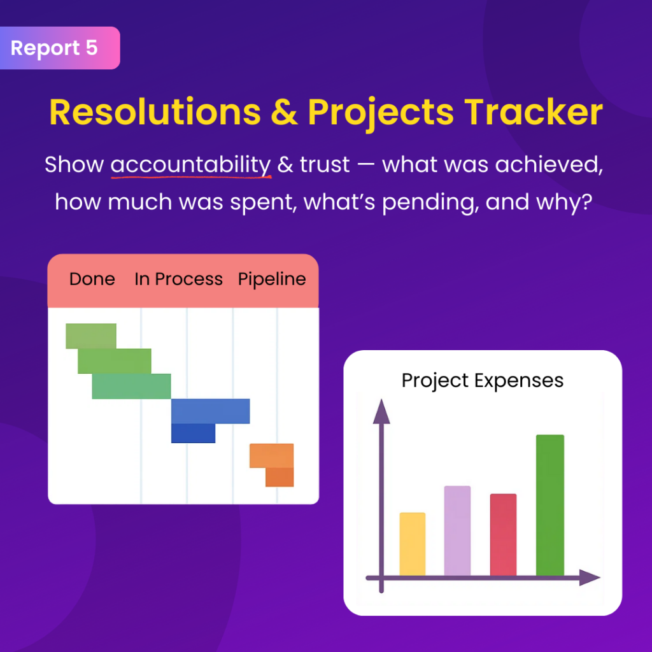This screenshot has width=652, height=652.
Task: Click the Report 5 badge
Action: click(60, 48)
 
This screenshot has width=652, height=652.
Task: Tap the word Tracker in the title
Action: click(534, 112)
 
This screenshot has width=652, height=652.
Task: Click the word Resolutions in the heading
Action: click(155, 112)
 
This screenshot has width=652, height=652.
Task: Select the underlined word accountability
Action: click(191, 165)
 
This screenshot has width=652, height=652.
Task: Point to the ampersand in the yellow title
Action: click(285, 112)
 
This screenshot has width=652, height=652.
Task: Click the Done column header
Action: click(92, 279)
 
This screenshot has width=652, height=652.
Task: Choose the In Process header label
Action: click(178, 279)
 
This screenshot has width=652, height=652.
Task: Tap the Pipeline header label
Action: click(272, 280)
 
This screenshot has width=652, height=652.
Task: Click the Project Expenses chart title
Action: click(483, 381)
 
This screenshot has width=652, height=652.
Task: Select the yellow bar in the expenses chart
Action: click(413, 544)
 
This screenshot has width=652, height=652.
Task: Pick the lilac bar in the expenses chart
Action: click(457, 530)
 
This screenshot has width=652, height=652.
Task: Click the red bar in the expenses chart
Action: click(503, 535)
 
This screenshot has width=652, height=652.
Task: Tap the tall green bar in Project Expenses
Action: click(550, 505)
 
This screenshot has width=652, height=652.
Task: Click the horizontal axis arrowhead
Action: click(590, 578)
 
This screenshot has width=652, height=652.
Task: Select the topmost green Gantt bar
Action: click(91, 336)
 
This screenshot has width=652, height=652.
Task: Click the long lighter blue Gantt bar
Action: click(210, 411)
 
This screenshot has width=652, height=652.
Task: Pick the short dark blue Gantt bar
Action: click(194, 433)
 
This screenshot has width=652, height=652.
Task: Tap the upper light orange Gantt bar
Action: click(271, 456)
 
